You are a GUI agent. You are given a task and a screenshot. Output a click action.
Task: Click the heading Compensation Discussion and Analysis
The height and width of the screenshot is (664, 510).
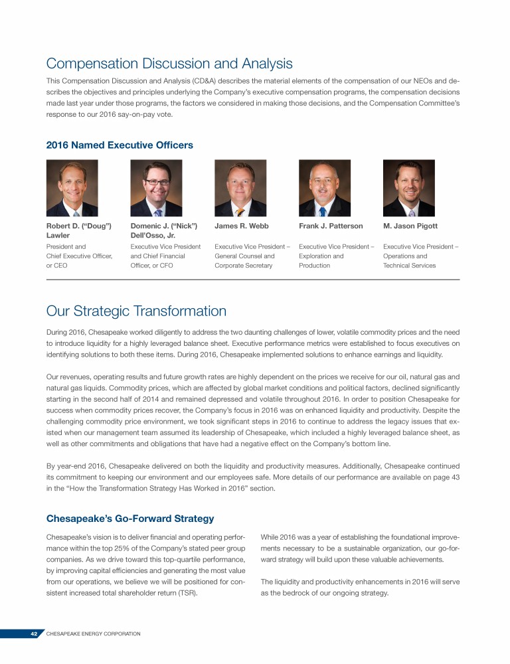point(169,64)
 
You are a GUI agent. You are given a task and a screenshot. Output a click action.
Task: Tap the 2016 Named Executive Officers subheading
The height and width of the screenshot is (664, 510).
point(120,145)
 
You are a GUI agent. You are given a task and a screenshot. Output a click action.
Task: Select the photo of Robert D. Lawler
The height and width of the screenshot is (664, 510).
point(72,189)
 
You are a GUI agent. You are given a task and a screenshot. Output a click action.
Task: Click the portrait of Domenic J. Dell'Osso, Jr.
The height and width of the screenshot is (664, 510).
point(156,189)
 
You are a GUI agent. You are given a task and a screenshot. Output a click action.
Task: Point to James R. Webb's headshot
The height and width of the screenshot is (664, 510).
point(240,189)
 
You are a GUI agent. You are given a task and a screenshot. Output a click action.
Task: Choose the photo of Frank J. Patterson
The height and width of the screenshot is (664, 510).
point(325,189)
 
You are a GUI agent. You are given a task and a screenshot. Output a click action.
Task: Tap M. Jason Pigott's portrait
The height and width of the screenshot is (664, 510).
point(409,189)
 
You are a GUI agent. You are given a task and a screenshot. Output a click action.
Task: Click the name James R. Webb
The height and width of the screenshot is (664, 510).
point(242,226)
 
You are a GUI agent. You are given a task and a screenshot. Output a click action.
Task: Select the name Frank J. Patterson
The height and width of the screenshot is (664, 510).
point(331,226)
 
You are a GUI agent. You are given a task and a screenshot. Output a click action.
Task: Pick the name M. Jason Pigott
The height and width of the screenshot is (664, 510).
point(410,226)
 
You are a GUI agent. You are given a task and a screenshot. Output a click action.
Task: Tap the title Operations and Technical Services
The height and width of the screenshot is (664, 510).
point(410,260)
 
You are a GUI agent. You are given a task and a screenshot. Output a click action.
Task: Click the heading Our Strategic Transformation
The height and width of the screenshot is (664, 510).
point(136,311)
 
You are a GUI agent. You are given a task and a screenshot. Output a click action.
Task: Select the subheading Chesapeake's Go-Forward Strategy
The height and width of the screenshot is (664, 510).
point(129,518)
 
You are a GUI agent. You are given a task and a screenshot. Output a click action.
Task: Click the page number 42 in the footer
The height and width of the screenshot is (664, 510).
point(33,634)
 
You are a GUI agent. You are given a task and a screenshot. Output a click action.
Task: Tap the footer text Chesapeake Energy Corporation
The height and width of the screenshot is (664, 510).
point(93,634)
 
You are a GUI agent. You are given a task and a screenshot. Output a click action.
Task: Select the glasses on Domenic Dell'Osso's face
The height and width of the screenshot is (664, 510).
point(157,183)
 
